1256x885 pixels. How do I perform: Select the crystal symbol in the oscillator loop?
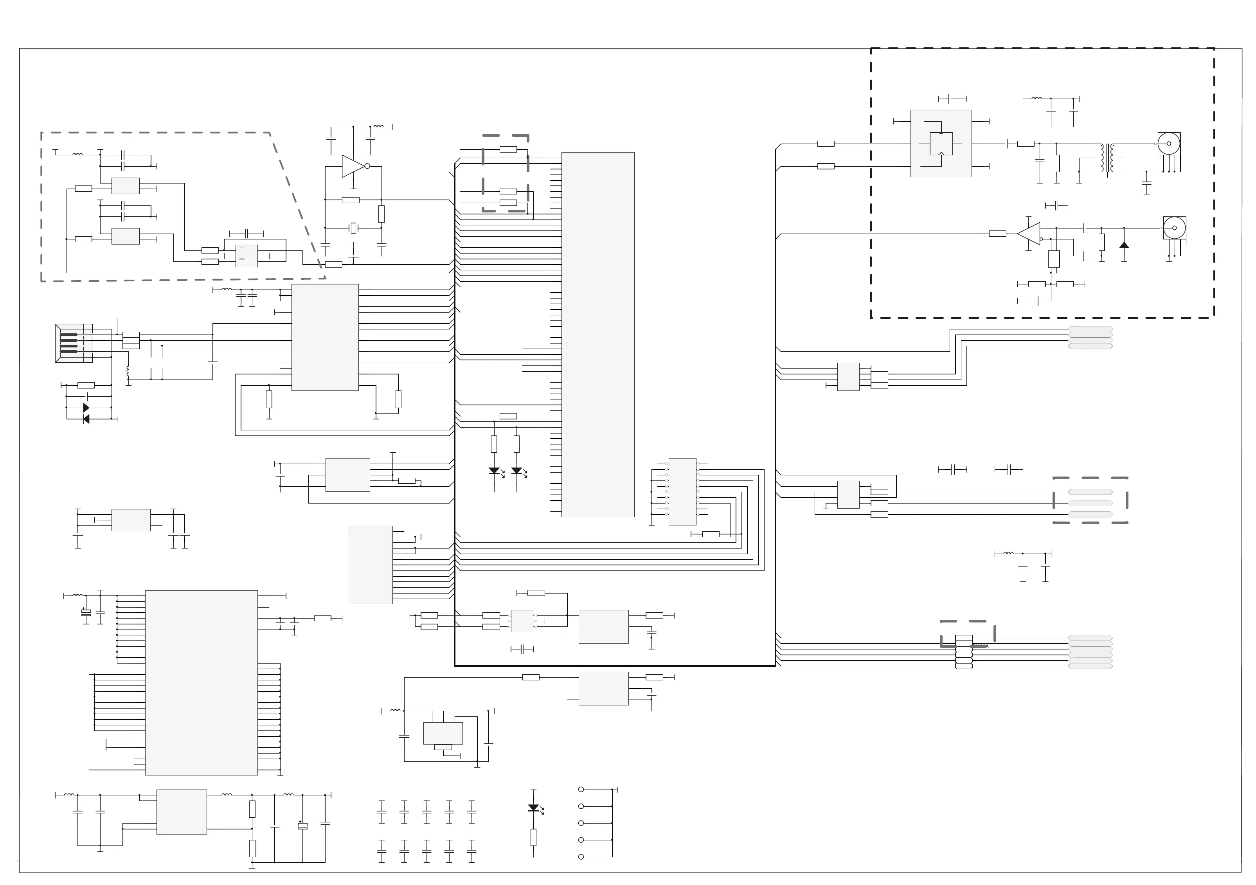click(353, 228)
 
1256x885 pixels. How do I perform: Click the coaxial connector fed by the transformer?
click(1168, 144)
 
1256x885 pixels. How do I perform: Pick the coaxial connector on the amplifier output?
click(1174, 228)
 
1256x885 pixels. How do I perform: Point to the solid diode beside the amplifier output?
click(1124, 245)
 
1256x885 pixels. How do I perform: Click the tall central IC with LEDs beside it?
click(597, 334)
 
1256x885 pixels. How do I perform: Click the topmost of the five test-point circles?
click(581, 789)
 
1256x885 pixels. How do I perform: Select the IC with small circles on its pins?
click(682, 491)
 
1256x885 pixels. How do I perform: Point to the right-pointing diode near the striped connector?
click(86, 408)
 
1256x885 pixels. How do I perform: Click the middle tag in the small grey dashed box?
click(1090, 503)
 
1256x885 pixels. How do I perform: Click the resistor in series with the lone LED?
click(533, 837)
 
